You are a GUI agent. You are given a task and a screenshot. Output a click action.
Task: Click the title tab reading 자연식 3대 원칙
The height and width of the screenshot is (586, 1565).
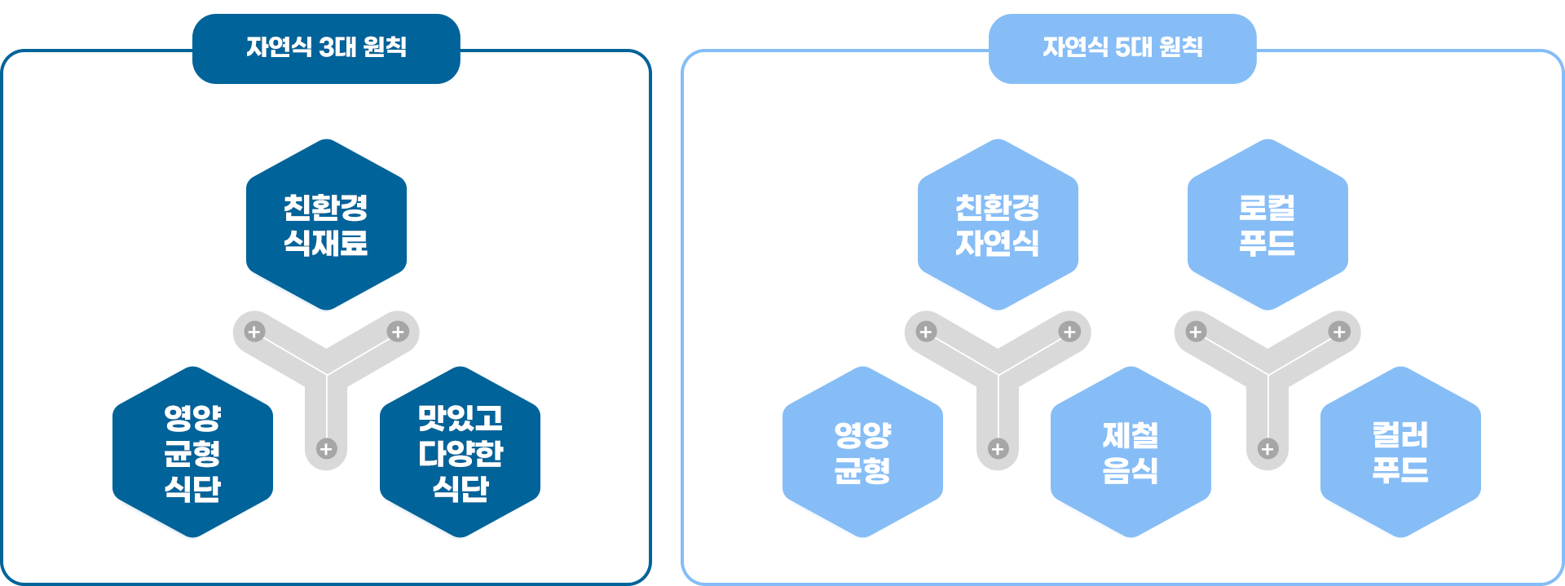click(326, 47)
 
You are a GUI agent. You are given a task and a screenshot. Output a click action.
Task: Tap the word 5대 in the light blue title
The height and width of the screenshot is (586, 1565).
click(1133, 47)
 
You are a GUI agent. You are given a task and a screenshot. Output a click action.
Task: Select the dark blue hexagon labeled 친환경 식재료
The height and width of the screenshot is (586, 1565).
click(326, 225)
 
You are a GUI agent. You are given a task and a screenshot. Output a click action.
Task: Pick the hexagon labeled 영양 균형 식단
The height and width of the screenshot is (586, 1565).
click(192, 452)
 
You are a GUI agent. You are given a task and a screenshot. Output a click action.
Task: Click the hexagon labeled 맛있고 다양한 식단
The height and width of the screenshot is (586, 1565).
click(460, 452)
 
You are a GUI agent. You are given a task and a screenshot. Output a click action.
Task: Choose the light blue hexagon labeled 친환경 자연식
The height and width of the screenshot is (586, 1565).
click(998, 225)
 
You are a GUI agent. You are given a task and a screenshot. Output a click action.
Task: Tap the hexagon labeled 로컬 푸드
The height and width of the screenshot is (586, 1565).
click(1267, 225)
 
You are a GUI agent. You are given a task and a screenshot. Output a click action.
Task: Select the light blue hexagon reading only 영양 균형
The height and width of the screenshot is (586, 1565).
click(862, 452)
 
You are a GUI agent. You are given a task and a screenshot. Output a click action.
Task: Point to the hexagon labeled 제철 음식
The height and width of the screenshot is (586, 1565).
click(1131, 452)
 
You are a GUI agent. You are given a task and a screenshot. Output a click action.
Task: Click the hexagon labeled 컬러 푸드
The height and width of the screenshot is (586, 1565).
click(1400, 452)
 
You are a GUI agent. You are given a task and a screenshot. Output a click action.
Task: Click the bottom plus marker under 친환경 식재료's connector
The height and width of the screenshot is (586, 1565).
click(326, 449)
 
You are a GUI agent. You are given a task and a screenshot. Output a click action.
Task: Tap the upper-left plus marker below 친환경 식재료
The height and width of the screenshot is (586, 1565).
click(254, 332)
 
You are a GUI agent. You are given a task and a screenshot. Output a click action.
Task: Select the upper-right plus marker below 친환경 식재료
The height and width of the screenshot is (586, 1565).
click(398, 332)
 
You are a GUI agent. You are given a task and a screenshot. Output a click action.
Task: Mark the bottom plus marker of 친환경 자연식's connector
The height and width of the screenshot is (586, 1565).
click(998, 449)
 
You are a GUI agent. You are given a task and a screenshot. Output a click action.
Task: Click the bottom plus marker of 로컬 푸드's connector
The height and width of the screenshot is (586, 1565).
click(1267, 449)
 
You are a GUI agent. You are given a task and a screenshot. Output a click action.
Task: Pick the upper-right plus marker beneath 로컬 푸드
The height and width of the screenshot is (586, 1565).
click(1339, 332)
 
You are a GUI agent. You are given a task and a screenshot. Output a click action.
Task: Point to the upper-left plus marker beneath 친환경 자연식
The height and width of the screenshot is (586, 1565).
click(926, 332)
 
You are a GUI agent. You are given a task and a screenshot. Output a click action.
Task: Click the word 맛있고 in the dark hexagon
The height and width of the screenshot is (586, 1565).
click(460, 418)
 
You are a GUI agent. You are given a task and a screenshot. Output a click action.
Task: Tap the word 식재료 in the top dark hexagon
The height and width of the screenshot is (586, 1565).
click(326, 243)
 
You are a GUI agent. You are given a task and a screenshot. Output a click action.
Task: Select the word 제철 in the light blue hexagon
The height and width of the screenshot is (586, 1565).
click(1131, 435)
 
